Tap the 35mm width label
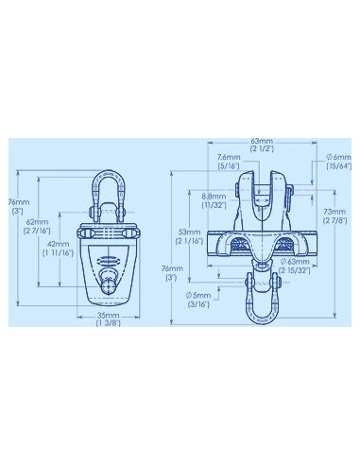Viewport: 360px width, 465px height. point(110,315)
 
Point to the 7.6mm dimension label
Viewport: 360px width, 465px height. point(228,158)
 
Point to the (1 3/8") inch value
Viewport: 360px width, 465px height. point(110,324)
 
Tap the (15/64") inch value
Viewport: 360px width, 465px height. point(337,167)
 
